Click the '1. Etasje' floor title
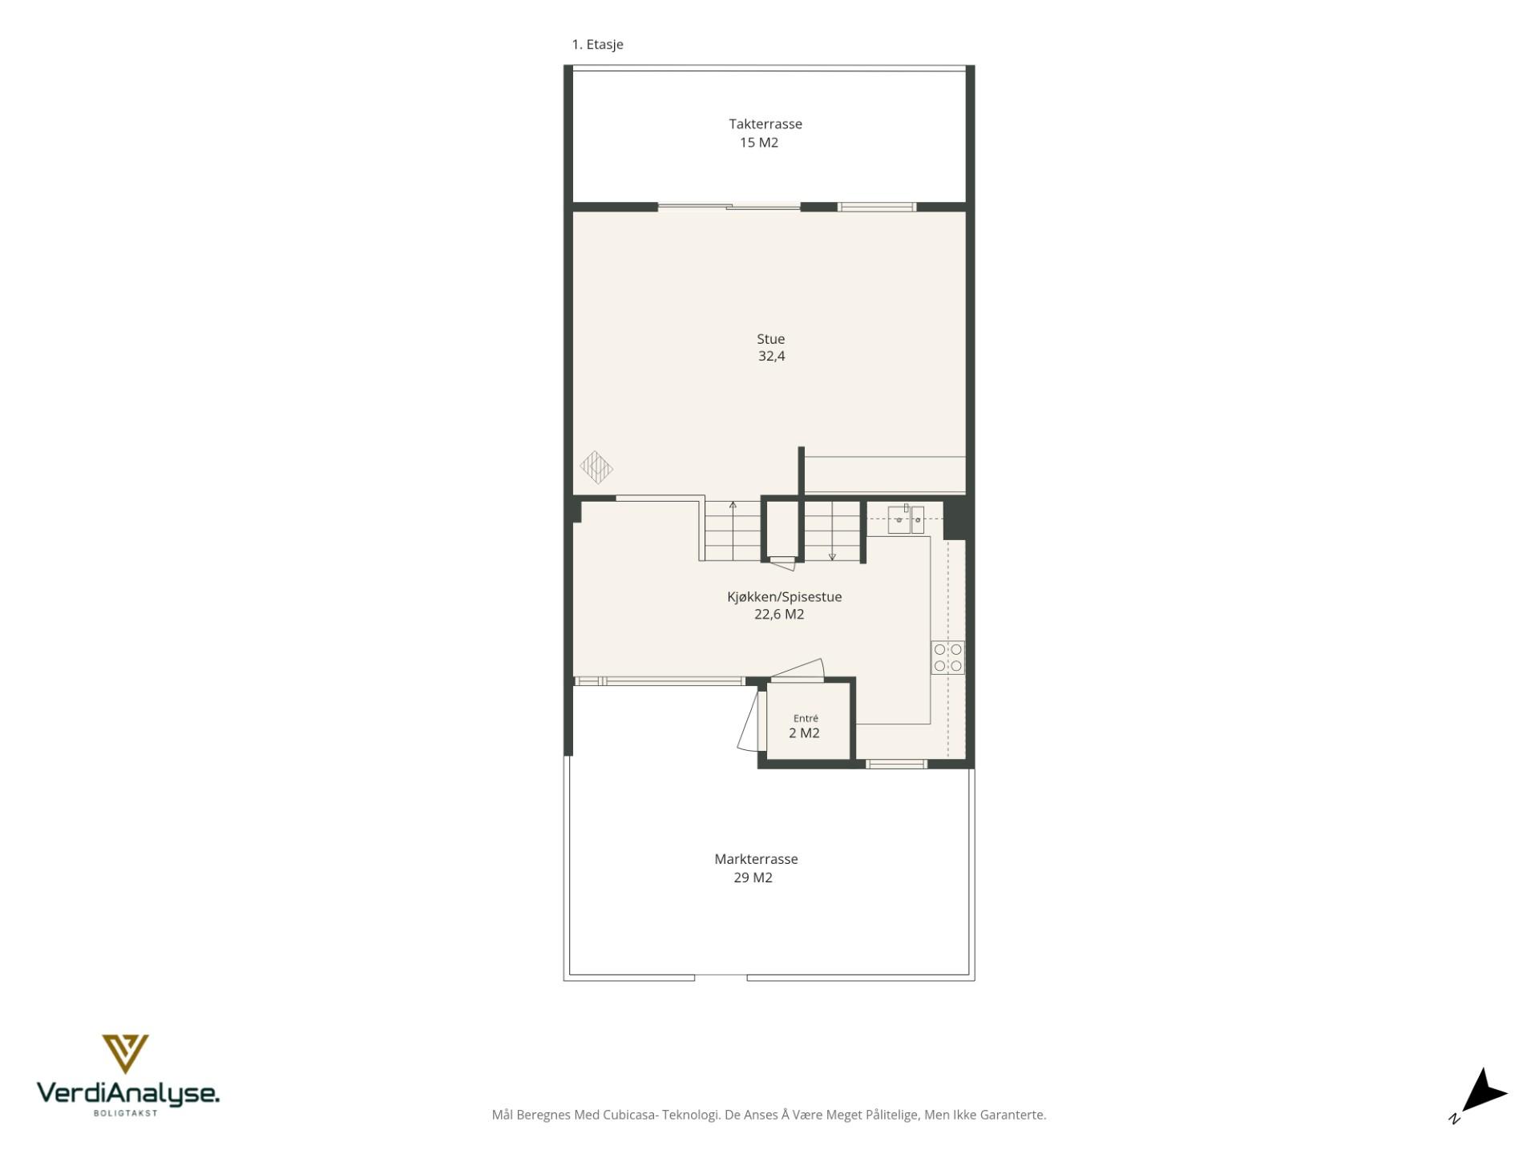pos(597,45)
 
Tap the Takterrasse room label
pos(765,124)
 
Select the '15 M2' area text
pos(759,143)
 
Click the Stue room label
pos(771,339)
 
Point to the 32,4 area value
pos(772,357)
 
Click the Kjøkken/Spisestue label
pos(785,597)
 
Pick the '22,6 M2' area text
pos(779,615)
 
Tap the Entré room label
pos(806,719)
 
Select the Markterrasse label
pos(756,859)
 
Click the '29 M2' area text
pos(753,878)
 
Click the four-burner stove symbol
pos(947,657)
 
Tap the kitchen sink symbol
pos(906,519)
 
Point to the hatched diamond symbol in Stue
pos(596,468)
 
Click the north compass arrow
pos(1484,1091)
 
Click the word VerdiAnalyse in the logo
pos(128,1093)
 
